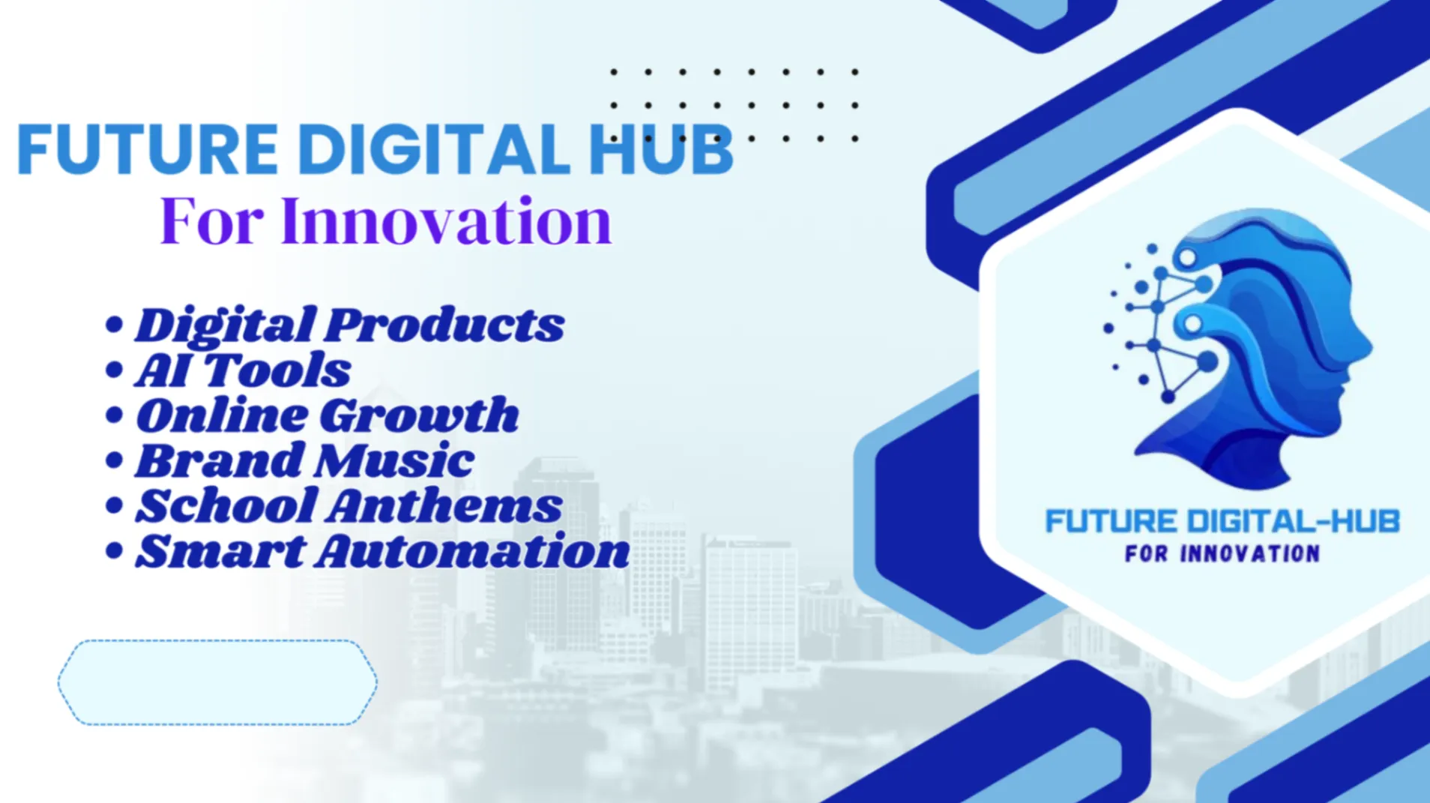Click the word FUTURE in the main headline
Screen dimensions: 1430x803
[148, 149]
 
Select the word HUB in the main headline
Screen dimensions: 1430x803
[660, 149]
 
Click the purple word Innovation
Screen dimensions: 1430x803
[447, 220]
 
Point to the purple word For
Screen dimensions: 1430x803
[212, 220]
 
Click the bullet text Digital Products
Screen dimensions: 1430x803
[349, 325]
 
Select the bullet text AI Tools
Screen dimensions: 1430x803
[243, 370]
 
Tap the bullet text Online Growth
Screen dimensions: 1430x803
[327, 415]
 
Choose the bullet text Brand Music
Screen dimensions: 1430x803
[304, 460]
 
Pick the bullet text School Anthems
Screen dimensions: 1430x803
[349, 505]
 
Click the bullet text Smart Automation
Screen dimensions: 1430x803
[382, 550]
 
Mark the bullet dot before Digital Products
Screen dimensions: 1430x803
[114, 325]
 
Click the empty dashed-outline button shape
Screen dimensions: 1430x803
[217, 682]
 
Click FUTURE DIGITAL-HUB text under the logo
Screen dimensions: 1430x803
[1222, 521]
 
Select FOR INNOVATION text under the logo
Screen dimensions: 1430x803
[1222, 554]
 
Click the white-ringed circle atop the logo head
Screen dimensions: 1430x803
[1187, 258]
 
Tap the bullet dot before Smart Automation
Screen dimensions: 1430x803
[114, 551]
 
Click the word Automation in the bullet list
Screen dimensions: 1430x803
[472, 550]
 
